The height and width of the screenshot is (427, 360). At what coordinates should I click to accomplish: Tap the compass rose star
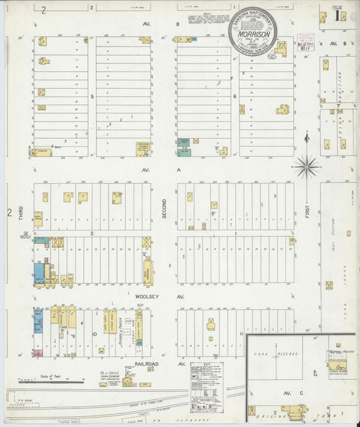click(x=307, y=164)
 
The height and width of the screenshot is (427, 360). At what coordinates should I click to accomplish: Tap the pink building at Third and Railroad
click(x=38, y=353)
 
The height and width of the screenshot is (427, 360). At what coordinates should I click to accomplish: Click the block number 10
click(x=95, y=333)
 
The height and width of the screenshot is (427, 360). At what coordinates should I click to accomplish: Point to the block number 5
click(x=91, y=97)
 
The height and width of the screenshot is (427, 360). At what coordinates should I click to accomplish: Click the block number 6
click(x=234, y=97)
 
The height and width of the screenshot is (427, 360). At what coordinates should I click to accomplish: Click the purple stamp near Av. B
click(x=301, y=46)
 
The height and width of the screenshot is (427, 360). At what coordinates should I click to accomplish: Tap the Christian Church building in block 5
click(x=143, y=149)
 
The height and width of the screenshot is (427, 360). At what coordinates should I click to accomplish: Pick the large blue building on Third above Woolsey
click(x=38, y=273)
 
